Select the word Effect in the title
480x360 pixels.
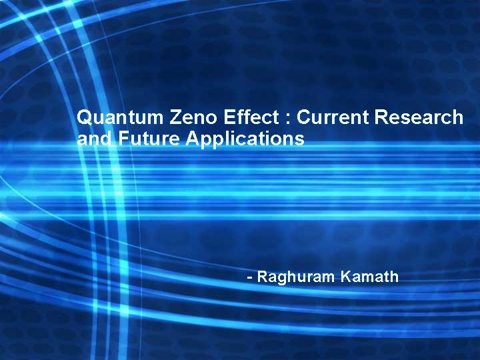(249, 118)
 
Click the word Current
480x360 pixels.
(333, 118)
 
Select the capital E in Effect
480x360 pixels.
(229, 117)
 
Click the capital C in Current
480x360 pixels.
(303, 118)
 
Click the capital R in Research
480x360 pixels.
(381, 117)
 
